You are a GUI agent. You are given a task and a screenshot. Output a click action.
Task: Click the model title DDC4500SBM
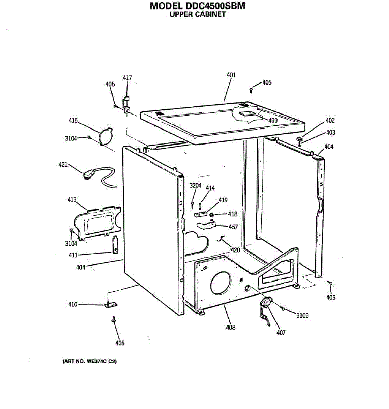coord(197,6)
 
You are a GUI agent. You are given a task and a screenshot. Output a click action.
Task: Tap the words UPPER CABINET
coord(197,14)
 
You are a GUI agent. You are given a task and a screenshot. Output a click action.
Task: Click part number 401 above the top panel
coord(231,75)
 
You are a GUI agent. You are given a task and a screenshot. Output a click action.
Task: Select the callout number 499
coord(273,120)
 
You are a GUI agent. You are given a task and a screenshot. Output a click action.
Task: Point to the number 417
coord(127,78)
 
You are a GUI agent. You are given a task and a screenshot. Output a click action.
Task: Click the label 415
coord(73,121)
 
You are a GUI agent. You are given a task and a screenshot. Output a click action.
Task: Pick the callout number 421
coord(63,165)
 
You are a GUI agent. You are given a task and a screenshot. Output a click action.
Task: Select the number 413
coord(72,200)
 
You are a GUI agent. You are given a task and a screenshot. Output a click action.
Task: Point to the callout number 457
coord(233,227)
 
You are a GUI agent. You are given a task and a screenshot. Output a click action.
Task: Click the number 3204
coord(195,186)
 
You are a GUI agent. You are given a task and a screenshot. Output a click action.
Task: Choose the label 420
coord(235,250)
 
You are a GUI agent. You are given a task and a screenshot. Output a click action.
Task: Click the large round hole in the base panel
coord(221,283)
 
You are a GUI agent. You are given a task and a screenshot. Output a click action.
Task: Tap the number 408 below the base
coord(231,328)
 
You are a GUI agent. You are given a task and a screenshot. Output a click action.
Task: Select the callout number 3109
coord(302,316)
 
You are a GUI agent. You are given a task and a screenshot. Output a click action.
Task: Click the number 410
coord(73,304)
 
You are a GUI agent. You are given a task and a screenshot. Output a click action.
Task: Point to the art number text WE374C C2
coord(89,361)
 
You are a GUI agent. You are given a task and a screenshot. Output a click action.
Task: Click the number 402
coord(330,120)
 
